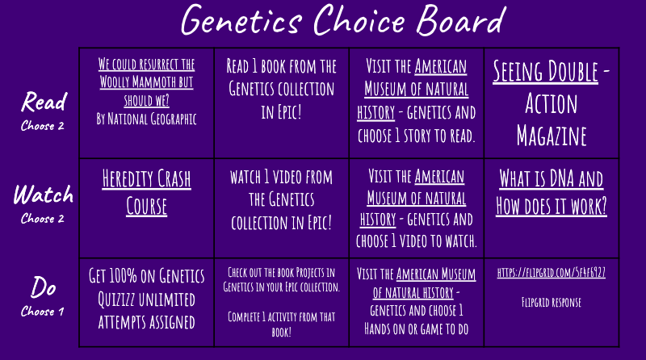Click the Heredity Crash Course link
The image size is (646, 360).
(146, 192)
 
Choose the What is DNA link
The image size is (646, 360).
(552, 192)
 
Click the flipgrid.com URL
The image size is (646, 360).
(552, 273)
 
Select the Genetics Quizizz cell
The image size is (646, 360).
(146, 299)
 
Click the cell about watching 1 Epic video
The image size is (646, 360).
(281, 199)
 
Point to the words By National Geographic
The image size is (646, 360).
(146, 119)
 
